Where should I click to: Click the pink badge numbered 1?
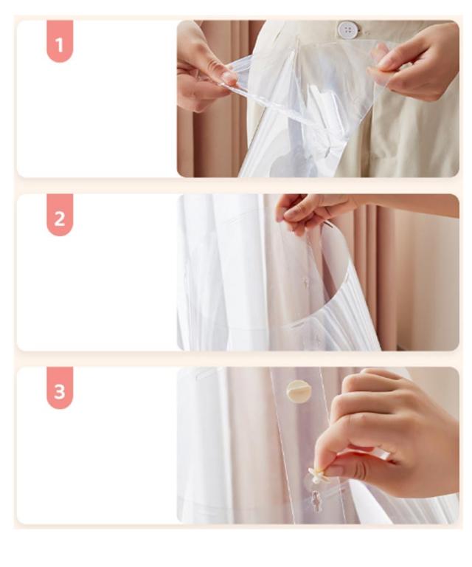pos(60,41)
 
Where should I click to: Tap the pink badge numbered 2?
pos(60,215)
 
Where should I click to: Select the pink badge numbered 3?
pos(60,388)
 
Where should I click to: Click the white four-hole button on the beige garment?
pos(348,29)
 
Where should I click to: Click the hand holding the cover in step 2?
pos(310,213)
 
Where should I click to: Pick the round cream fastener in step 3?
pos(296,391)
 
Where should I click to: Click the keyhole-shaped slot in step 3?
pos(316,500)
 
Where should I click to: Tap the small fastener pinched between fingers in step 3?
pos(318,475)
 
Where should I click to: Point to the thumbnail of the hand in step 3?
pos(336,470)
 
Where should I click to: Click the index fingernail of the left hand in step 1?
pos(229,78)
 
